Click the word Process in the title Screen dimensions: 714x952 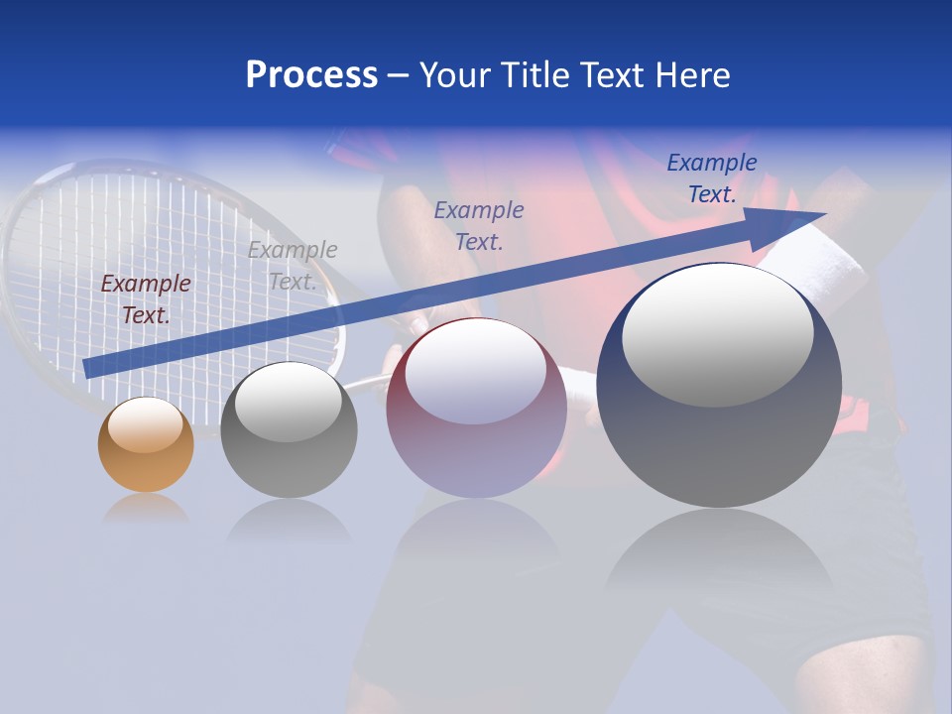(311, 75)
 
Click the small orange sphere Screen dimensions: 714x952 (146, 445)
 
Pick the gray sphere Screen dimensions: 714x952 (289, 430)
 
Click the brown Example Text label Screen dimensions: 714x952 (146, 299)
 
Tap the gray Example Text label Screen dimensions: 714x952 (293, 266)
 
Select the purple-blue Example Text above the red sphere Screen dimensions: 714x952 (479, 225)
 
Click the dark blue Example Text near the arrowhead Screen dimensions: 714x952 (712, 178)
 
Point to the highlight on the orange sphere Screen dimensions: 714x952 (145, 424)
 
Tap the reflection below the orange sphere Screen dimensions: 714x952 (146, 510)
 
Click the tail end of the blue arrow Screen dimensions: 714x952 (89, 368)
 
